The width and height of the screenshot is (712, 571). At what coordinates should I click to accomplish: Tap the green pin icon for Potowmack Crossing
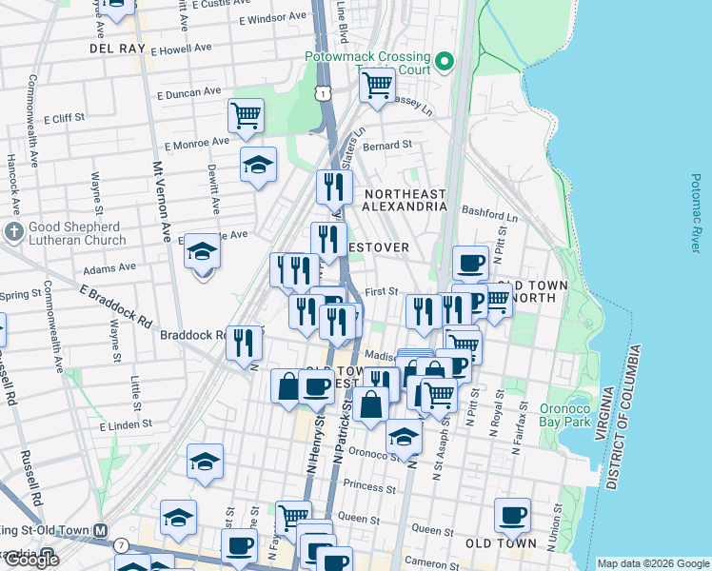(445, 65)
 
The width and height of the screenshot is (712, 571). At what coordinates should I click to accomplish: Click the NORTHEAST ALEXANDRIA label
(405, 199)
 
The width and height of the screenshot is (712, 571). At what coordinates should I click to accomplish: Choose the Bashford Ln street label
(489, 214)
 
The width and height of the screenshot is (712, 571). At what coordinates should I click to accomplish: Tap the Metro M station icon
(99, 530)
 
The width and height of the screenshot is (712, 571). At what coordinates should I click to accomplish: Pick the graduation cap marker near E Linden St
(205, 461)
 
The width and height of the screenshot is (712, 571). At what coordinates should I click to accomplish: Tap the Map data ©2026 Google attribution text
(652, 562)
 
